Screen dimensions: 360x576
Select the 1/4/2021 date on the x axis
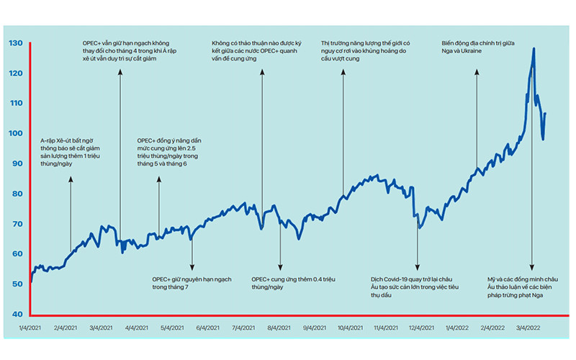30,328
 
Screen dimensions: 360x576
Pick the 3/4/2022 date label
528,328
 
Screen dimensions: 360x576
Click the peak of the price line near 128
534,48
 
